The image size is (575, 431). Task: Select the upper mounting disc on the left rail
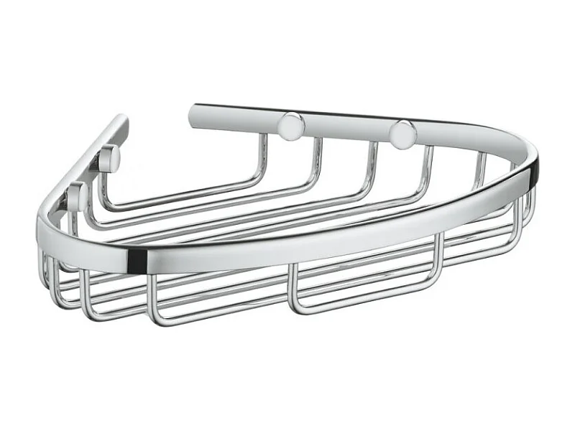(110, 159)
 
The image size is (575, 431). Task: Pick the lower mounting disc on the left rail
(78, 195)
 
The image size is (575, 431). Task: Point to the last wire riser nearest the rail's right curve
(480, 170)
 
